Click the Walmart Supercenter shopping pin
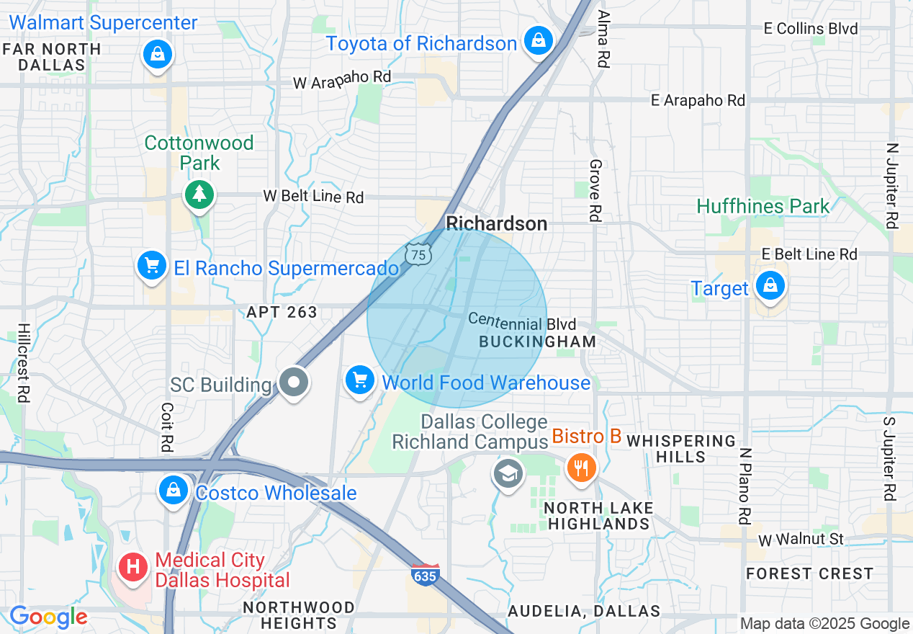157,53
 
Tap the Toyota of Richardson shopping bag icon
538,40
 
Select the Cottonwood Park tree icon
199,194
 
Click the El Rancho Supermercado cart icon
151,266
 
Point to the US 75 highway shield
418,252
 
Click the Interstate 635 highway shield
426,575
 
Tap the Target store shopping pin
770,285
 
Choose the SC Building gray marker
294,383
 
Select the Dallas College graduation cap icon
508,473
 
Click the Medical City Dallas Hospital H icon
133,566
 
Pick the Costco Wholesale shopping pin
173,490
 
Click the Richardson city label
497,223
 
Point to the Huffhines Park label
763,207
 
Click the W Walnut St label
801,539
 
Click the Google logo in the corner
48,617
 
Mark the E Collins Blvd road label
811,29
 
